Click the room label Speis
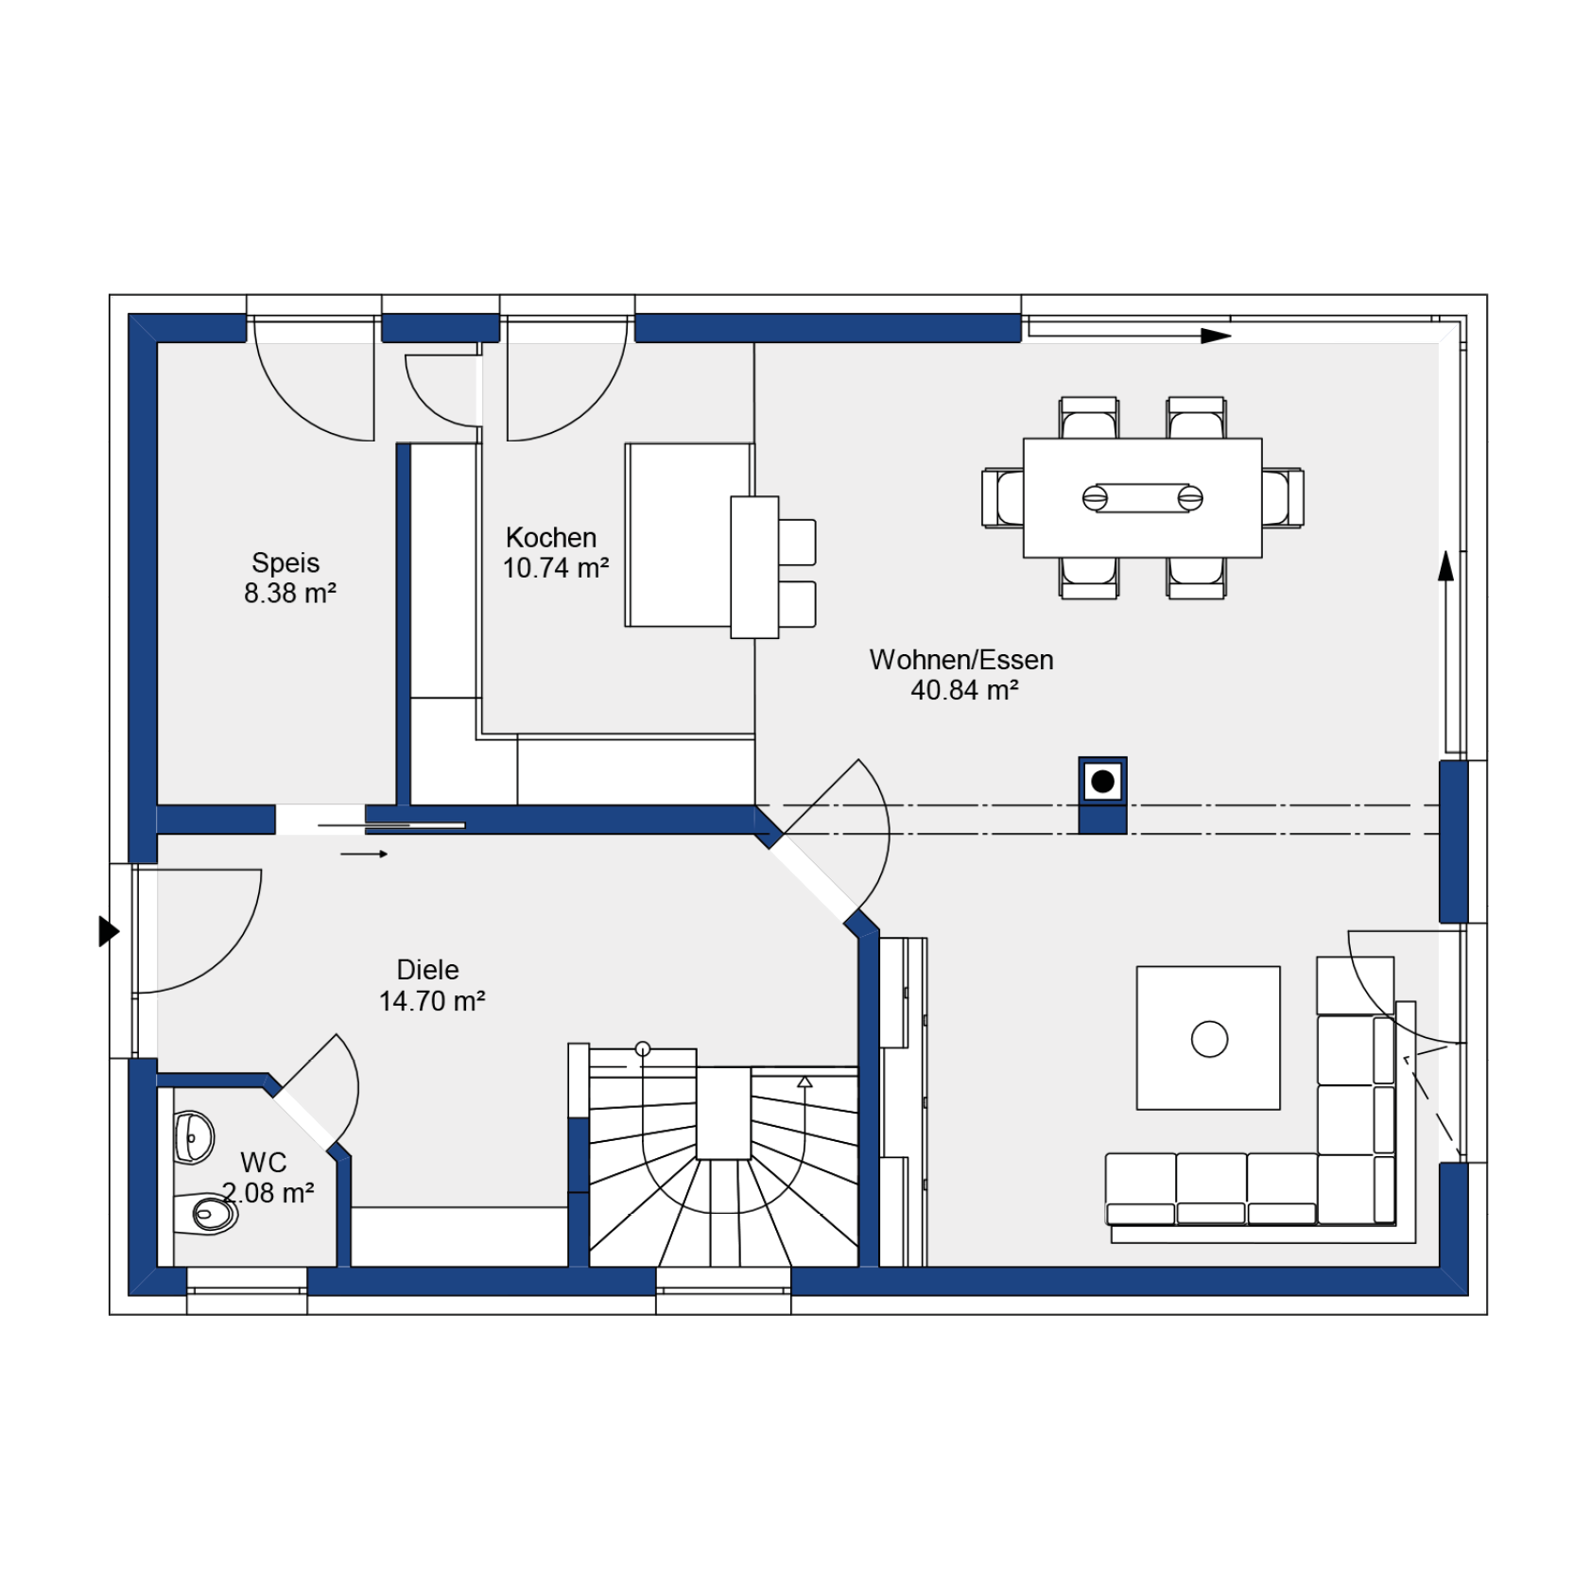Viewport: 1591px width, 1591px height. (285, 563)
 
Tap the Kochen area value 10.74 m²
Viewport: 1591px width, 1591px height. (556, 568)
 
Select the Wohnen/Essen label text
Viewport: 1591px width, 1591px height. (961, 660)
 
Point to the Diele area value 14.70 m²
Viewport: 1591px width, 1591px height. (432, 1001)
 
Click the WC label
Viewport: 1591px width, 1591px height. (264, 1163)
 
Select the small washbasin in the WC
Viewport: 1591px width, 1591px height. (194, 1137)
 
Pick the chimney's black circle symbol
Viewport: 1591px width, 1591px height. (1102, 782)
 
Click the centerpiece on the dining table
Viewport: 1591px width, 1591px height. (1142, 498)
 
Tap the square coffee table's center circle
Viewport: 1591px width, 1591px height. (1209, 1039)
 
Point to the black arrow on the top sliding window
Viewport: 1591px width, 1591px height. (1216, 336)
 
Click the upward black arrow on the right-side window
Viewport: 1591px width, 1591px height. (1445, 566)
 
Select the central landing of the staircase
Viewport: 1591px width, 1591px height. (724, 1114)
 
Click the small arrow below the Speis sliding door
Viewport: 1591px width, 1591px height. (364, 855)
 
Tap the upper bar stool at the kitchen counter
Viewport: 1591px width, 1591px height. (797, 542)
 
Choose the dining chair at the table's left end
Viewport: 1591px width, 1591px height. (1003, 497)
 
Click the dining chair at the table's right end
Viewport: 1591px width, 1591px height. (1283, 497)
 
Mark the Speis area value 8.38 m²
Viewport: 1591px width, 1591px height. (290, 594)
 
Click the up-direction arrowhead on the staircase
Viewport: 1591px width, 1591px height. (804, 1081)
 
